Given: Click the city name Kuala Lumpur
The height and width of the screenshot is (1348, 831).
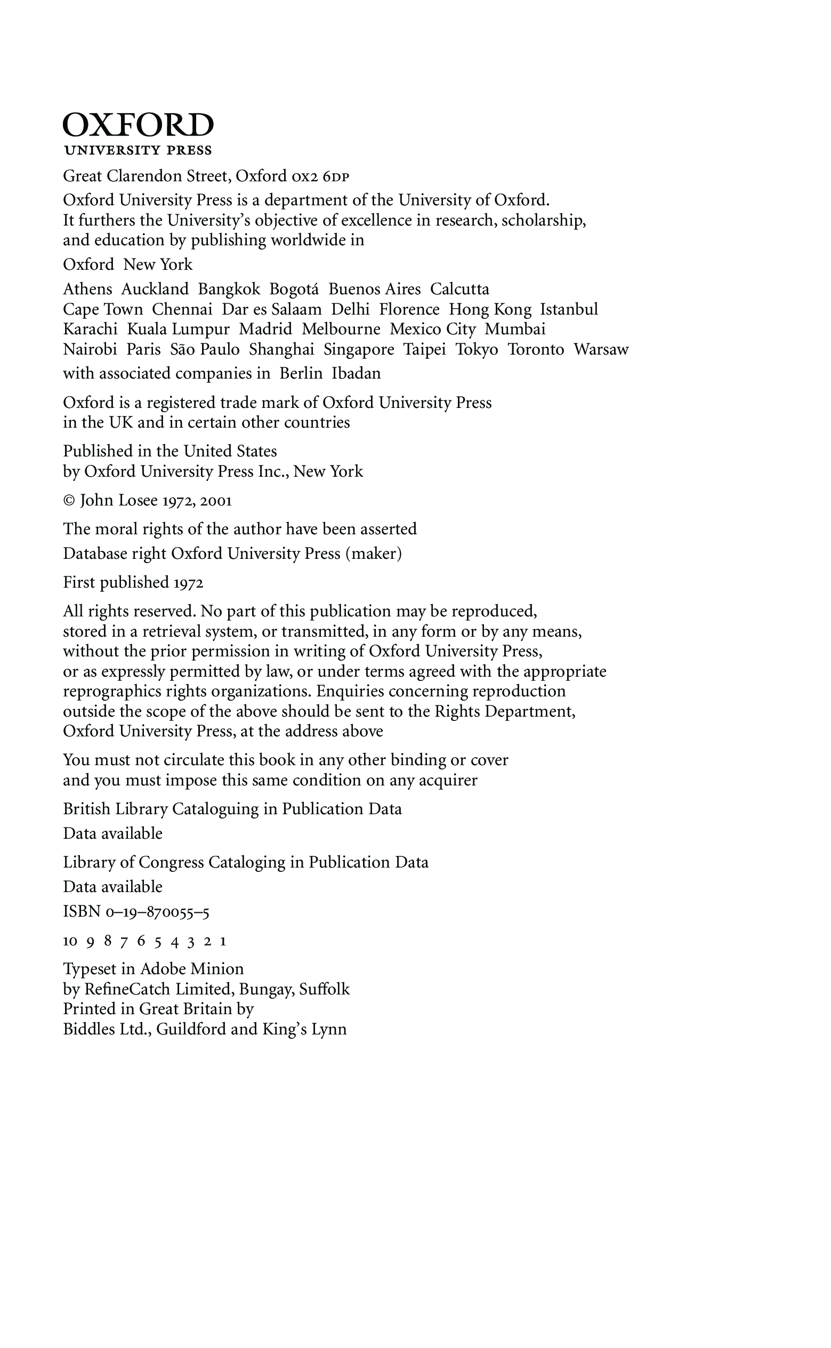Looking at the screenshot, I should (x=178, y=330).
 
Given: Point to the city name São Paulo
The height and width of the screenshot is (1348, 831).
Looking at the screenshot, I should (x=205, y=350).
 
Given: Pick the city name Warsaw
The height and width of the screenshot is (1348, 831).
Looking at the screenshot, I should (x=601, y=350).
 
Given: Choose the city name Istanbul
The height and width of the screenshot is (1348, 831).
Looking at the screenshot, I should (x=569, y=309).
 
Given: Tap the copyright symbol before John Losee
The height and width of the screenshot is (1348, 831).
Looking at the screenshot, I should (x=69, y=501).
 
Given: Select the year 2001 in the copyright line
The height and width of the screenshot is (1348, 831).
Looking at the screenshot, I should (x=216, y=501).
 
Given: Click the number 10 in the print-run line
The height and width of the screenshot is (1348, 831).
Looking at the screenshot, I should (x=70, y=941).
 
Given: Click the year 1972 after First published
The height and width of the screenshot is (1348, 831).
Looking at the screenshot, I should (x=189, y=583).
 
